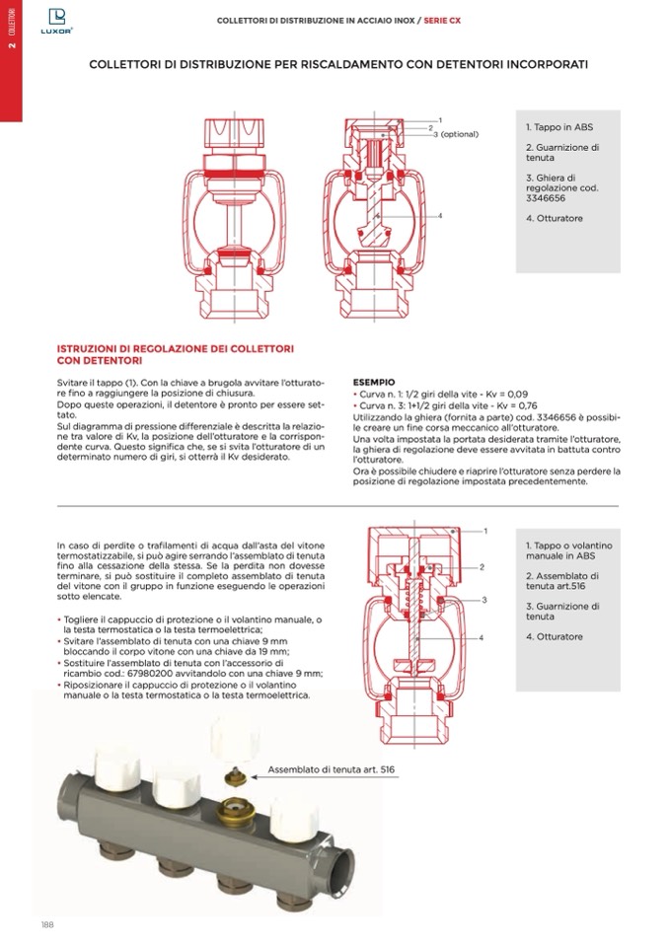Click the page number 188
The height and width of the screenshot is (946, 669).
point(46,923)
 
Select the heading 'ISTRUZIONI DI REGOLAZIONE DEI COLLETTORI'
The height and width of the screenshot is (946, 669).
point(176,349)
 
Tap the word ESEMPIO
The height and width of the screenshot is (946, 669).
point(374,382)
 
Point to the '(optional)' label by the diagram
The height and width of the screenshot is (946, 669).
point(460,134)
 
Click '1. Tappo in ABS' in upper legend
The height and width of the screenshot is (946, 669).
point(559,127)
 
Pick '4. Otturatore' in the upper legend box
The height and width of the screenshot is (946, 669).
point(555,218)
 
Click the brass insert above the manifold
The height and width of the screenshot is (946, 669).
point(234,775)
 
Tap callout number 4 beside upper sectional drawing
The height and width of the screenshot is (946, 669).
point(439,215)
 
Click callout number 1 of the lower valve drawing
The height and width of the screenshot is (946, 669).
point(484,531)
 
